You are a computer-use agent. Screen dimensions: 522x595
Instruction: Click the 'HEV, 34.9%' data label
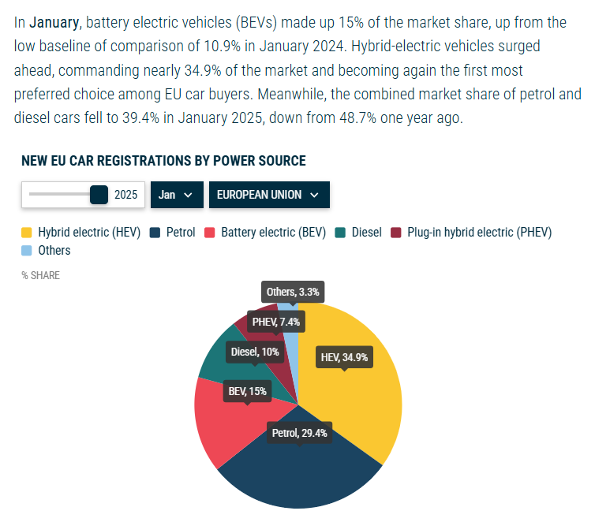[x=344, y=357]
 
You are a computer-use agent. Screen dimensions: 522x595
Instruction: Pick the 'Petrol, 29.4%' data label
[x=299, y=433]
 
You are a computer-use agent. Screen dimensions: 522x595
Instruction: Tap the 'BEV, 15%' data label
[x=247, y=391]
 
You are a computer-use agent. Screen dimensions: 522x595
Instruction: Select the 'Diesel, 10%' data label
[x=254, y=352]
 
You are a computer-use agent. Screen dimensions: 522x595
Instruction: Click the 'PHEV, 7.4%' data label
[x=275, y=322]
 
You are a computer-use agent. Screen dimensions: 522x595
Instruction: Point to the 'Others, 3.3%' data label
[x=293, y=292]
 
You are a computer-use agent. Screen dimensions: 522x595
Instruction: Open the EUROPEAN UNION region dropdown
[x=268, y=195]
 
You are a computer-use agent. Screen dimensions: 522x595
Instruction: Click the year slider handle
[x=99, y=194]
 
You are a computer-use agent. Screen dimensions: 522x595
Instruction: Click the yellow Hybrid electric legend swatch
[x=27, y=233]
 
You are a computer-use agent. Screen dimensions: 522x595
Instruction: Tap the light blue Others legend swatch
[x=27, y=251]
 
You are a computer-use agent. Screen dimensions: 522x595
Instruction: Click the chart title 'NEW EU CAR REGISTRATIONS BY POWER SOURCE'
[x=163, y=161]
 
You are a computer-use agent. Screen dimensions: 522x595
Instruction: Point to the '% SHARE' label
[x=40, y=276]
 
